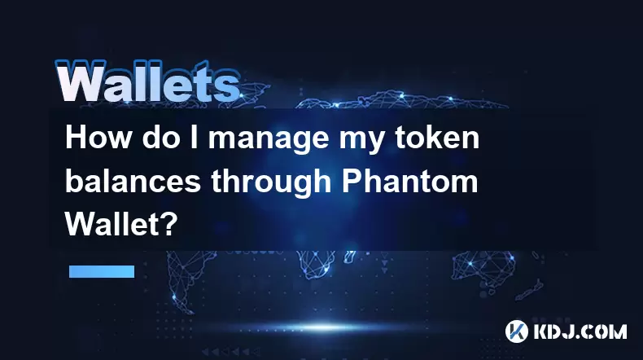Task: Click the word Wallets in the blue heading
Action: click(147, 81)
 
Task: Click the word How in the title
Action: click(98, 138)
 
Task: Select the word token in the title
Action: click(437, 138)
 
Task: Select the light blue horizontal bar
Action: click(102, 271)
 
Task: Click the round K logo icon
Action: click(516, 331)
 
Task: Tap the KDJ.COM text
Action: click(580, 331)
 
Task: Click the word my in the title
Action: click(361, 141)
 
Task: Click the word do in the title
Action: click(161, 138)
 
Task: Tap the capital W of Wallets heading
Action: click(80, 81)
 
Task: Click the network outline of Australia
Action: click(483, 267)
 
